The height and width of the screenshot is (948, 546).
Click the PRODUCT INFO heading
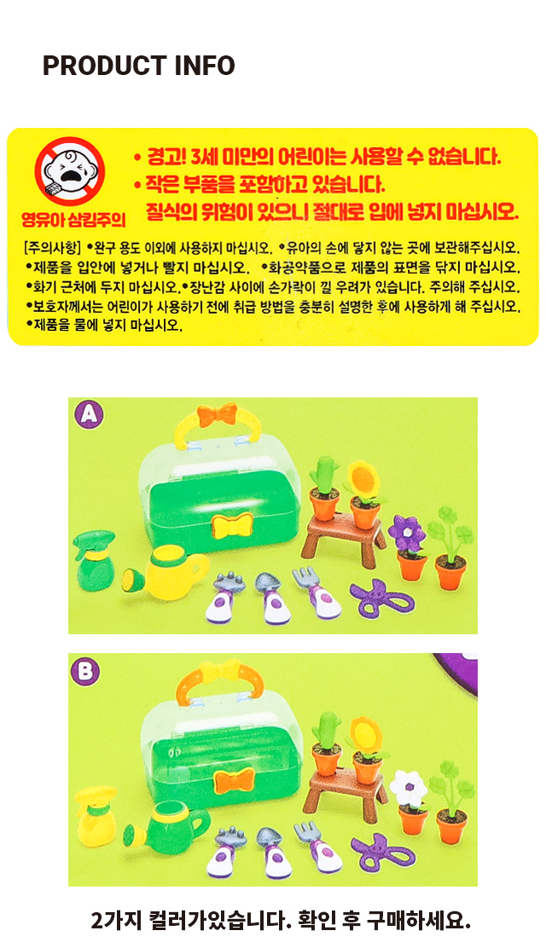pos(138,66)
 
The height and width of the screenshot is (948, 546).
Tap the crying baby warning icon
pos(69,171)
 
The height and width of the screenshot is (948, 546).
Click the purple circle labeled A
pos(89,414)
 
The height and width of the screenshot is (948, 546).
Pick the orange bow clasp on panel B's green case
pos(234,781)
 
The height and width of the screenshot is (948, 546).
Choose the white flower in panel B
pos(409,789)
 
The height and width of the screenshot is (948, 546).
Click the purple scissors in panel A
pos(382,598)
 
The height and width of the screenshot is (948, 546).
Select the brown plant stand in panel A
pos(344,535)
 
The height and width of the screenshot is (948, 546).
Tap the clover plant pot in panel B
pos(452,804)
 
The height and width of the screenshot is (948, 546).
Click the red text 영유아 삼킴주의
pos(73,219)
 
